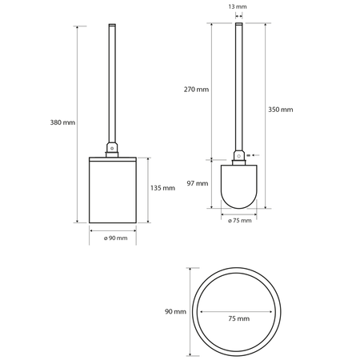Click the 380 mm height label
[x=62, y=122]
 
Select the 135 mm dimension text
[x=162, y=188]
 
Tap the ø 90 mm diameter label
[x=116, y=238]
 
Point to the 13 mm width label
[x=238, y=6]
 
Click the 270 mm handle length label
[x=196, y=90]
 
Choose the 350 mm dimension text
[x=281, y=110]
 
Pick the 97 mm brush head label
[x=198, y=183]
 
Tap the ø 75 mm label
[x=240, y=221]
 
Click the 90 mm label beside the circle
[x=175, y=311]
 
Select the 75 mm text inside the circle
[x=239, y=318]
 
